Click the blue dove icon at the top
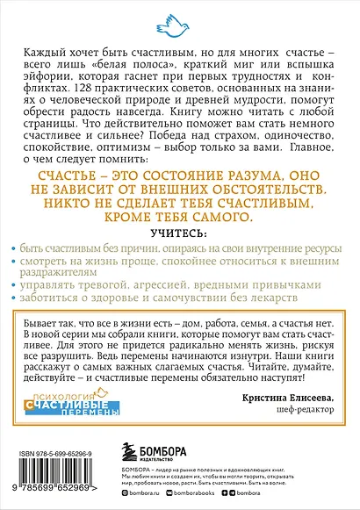179,15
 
